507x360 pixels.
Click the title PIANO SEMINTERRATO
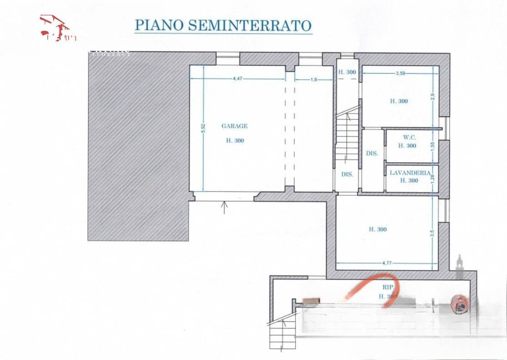click(x=223, y=25)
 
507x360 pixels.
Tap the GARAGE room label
click(x=234, y=126)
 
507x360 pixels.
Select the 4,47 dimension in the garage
click(x=237, y=79)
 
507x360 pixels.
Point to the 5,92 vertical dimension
click(x=204, y=129)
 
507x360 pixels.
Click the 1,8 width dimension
click(x=314, y=79)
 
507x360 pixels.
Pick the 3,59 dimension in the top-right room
click(x=401, y=73)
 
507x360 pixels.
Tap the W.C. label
click(x=407, y=137)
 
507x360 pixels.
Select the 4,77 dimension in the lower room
click(x=387, y=263)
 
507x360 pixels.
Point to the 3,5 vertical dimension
click(x=432, y=233)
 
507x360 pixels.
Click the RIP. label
click(x=388, y=287)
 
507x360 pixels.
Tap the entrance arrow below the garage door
click(x=224, y=207)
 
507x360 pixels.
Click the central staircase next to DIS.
click(x=348, y=136)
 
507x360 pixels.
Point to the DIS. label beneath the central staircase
click(x=347, y=174)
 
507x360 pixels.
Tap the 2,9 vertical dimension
click(x=433, y=97)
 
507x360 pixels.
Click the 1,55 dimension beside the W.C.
click(x=433, y=146)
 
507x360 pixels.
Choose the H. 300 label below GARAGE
click(x=235, y=141)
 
